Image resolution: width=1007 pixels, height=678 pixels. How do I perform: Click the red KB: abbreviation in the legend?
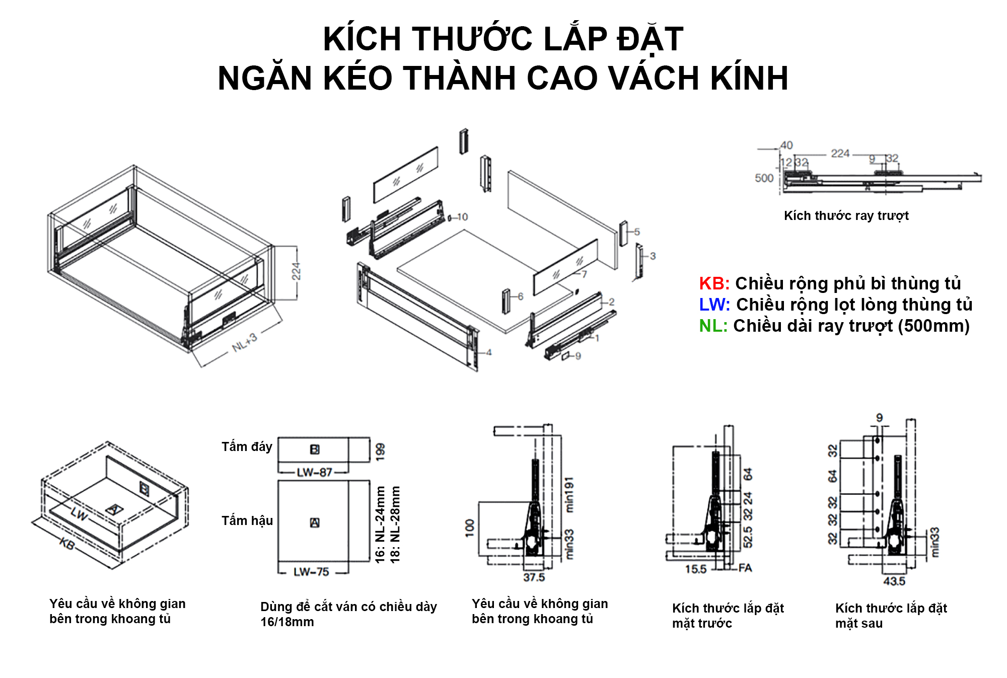[714, 284]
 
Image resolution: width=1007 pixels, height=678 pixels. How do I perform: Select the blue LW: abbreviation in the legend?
[714, 305]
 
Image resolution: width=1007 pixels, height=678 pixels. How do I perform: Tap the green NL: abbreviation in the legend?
[713, 326]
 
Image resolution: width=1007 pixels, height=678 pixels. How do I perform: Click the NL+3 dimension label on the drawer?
[245, 343]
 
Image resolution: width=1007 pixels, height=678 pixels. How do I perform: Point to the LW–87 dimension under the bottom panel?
[314, 472]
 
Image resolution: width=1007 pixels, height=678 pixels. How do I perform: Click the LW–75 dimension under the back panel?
[311, 572]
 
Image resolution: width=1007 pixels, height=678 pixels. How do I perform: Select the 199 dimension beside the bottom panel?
[380, 451]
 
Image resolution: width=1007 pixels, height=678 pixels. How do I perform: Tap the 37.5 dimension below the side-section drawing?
[534, 577]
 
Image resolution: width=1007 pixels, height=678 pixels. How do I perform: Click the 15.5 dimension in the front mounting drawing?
[696, 569]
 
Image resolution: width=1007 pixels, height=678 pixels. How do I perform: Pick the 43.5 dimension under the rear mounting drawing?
[894, 581]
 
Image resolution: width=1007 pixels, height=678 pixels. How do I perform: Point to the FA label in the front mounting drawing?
[745, 568]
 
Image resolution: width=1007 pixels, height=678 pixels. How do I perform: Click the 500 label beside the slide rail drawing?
[764, 178]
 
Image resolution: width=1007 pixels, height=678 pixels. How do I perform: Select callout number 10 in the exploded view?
[462, 217]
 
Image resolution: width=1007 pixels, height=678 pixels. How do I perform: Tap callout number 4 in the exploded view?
[489, 352]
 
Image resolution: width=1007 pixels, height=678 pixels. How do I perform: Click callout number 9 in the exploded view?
[578, 356]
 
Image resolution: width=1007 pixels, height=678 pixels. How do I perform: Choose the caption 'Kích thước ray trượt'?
[846, 216]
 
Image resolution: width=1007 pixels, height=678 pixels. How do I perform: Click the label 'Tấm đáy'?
[247, 446]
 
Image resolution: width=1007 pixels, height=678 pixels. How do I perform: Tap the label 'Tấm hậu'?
[247, 520]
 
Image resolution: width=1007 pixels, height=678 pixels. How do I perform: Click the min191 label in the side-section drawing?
[569, 495]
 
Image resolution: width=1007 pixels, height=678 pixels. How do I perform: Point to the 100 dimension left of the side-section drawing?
[470, 528]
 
